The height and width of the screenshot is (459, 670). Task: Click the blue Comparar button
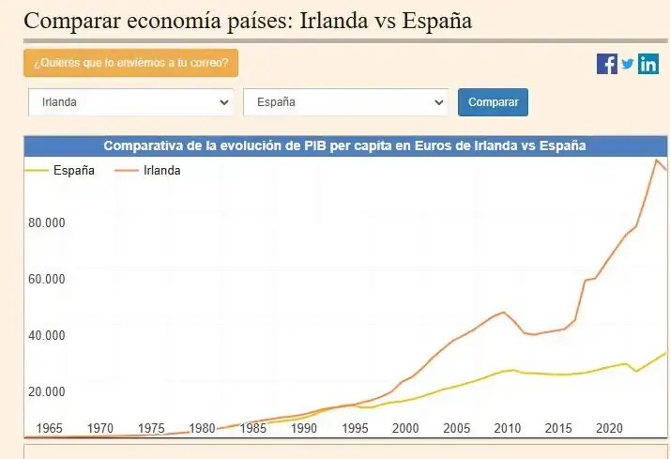[493, 102]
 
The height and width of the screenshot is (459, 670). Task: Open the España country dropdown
[345, 102]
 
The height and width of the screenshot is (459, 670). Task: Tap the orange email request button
[130, 63]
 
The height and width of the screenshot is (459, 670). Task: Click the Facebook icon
[607, 64]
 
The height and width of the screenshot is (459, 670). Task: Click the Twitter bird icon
[628, 64]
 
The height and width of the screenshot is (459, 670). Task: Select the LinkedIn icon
[648, 64]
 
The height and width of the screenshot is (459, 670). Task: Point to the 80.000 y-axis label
[46, 223]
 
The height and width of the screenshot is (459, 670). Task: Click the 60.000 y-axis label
[46, 280]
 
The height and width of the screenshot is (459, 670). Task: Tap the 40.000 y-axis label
[46, 336]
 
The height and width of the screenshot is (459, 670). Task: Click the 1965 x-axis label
[49, 428]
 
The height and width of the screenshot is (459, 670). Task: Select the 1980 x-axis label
[202, 428]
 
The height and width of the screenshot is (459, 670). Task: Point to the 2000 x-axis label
[405, 428]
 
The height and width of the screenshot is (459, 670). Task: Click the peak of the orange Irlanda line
[657, 161]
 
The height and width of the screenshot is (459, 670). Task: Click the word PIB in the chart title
[316, 145]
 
